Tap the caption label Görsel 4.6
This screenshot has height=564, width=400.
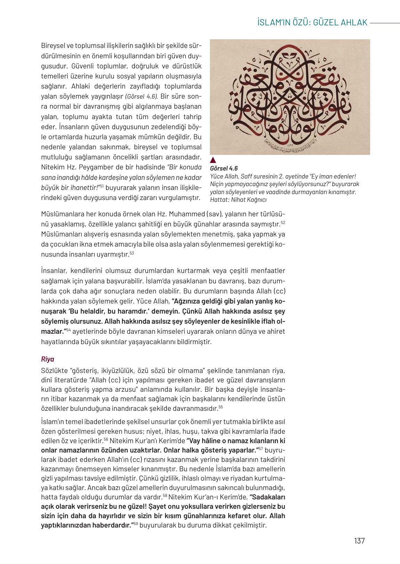(224, 169)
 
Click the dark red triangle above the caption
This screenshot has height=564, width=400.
(213, 160)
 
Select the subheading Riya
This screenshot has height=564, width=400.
(48, 359)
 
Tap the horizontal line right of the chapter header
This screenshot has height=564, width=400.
(385, 23)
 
